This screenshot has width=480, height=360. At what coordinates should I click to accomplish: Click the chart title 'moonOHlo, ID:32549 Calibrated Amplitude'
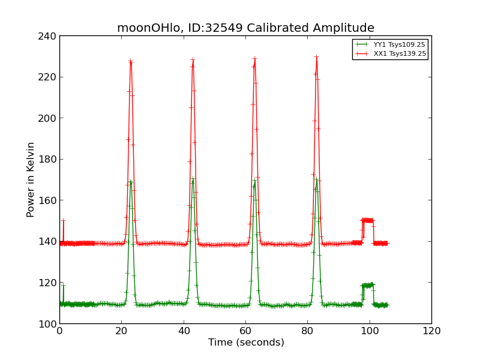245,28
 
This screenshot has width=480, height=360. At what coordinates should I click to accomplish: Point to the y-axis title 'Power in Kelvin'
31,179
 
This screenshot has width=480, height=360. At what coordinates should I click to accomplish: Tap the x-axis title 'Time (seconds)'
246,343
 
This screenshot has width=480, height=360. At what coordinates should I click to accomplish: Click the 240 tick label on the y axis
49,36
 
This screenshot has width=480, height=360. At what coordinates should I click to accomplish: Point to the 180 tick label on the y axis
49,159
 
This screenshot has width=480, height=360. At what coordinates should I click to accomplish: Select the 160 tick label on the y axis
49,200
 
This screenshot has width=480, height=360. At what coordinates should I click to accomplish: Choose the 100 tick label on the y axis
49,323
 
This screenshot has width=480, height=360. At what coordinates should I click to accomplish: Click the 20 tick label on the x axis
122,331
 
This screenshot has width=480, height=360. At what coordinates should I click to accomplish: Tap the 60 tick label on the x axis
245,331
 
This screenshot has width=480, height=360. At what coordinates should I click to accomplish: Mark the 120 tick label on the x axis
431,331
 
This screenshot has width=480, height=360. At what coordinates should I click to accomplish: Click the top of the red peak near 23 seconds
131,61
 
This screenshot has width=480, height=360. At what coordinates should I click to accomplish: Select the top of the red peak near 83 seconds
316,56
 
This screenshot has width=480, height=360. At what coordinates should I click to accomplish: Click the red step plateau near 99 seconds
367,220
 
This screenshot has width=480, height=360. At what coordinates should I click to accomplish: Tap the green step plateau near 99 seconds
367,285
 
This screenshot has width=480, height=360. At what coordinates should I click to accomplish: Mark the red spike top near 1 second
63,221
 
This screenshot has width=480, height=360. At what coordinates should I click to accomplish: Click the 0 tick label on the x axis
59,331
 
